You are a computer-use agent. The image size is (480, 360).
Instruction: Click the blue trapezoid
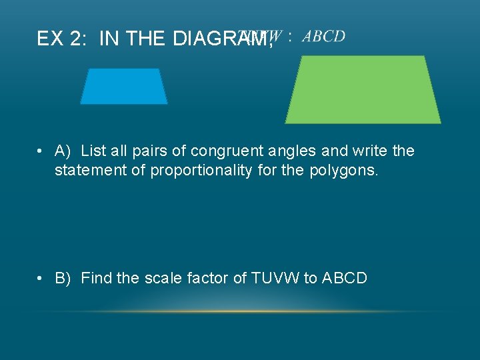click(x=124, y=87)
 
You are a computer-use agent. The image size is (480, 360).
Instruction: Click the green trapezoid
click(x=363, y=90)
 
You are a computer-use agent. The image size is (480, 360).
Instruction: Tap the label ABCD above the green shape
click(x=323, y=36)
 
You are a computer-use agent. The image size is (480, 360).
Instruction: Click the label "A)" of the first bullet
click(x=63, y=151)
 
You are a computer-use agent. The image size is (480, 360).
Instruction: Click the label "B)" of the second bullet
click(x=63, y=278)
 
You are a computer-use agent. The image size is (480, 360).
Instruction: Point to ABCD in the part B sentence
click(x=344, y=278)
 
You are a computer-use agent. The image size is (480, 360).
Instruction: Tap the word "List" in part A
click(x=93, y=151)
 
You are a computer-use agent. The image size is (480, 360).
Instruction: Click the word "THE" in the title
click(x=146, y=39)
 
